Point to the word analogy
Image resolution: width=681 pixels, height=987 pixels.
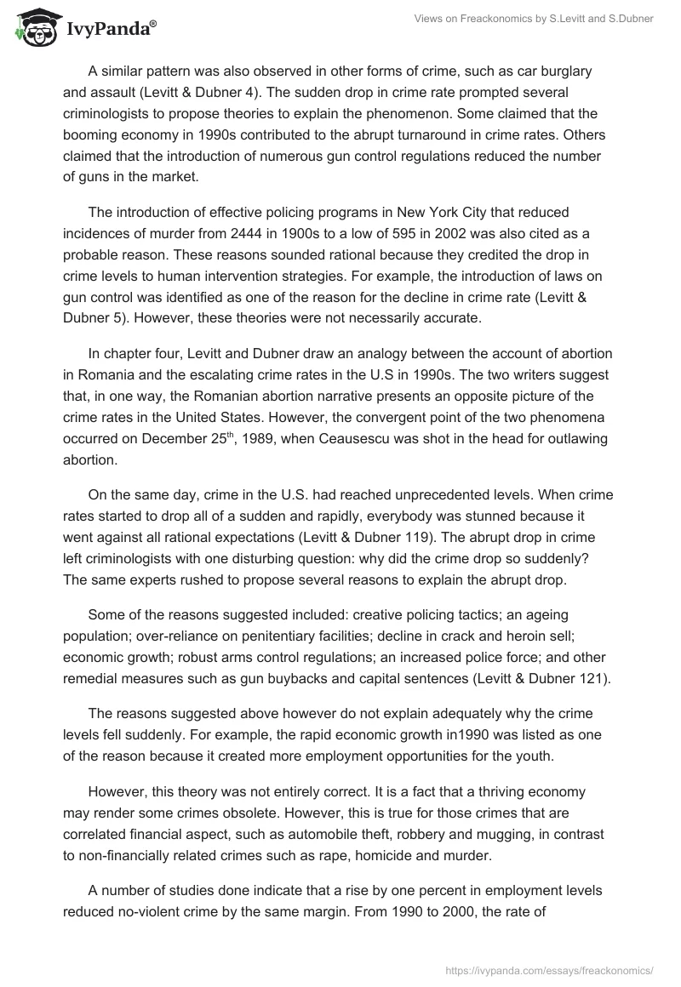click(343, 354)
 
